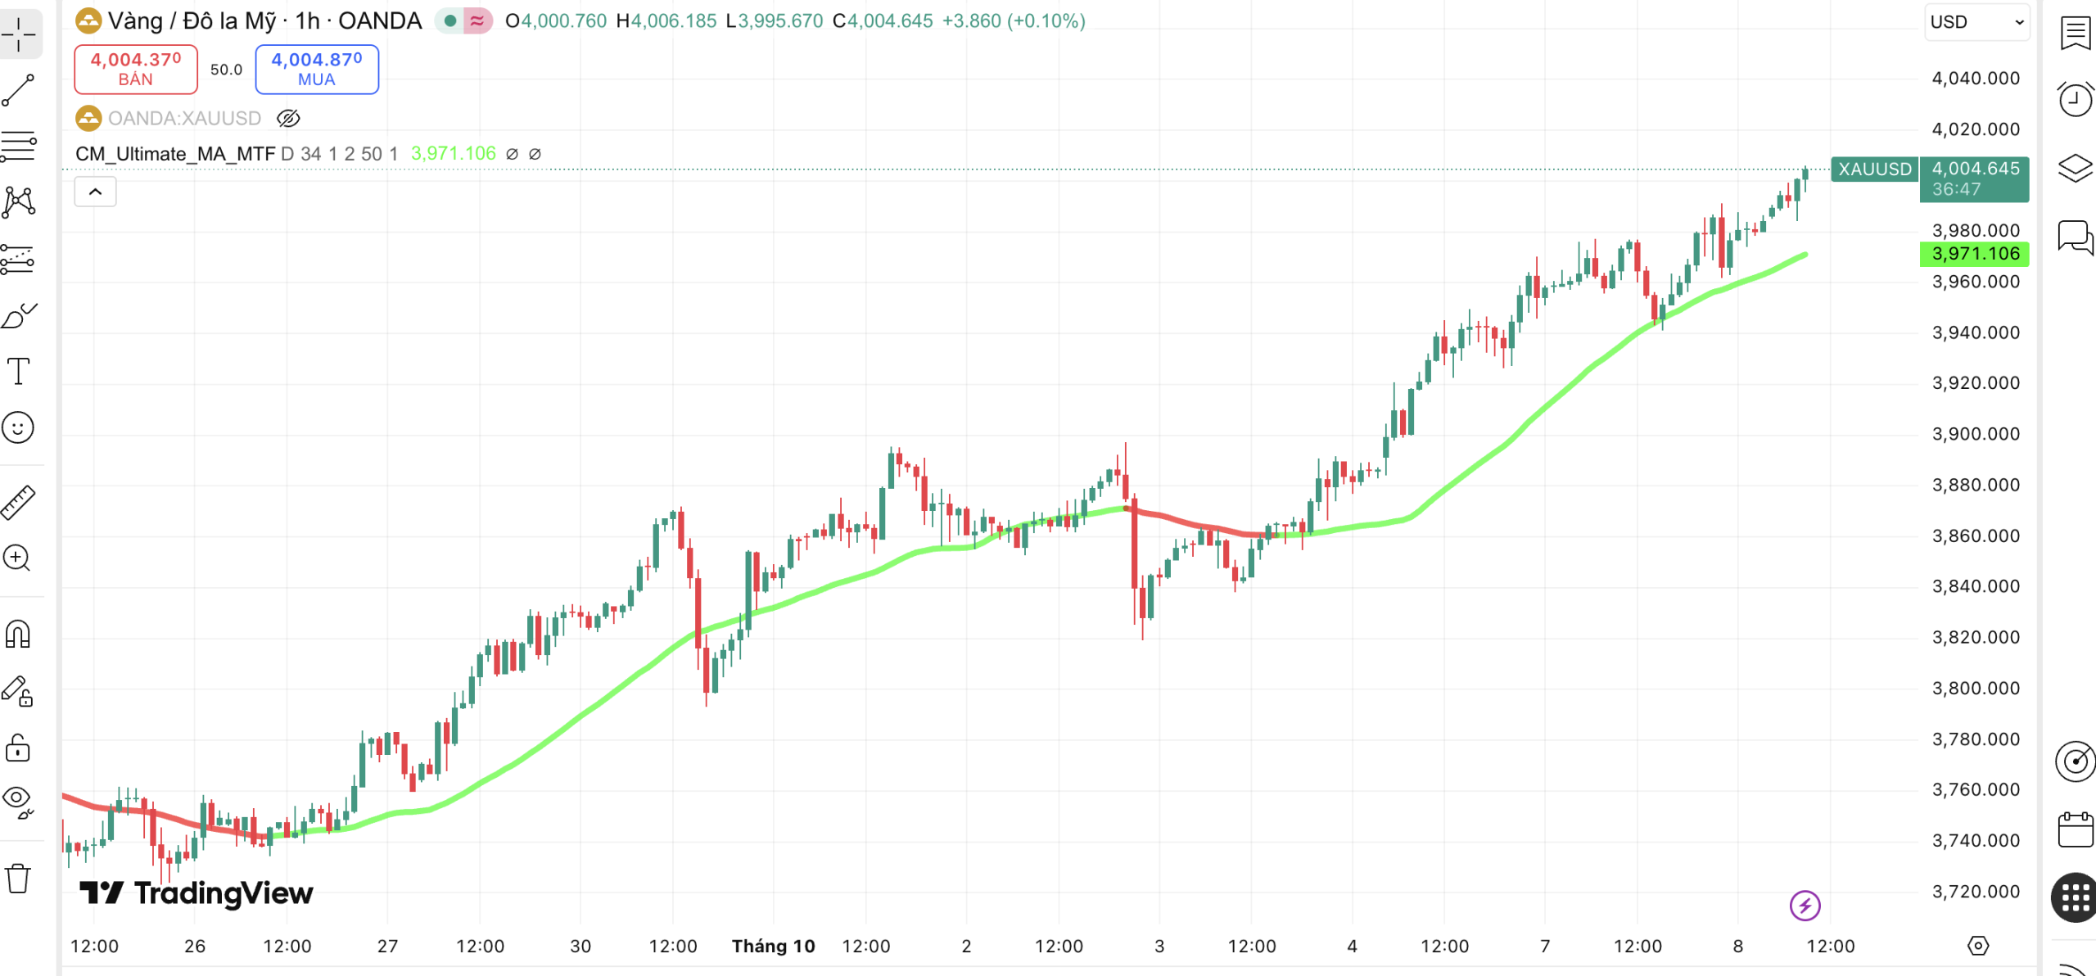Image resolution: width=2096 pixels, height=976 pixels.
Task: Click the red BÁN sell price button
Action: click(136, 70)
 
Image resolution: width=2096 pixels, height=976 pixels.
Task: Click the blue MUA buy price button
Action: click(317, 70)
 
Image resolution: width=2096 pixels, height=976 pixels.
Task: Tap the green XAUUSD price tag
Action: click(1874, 169)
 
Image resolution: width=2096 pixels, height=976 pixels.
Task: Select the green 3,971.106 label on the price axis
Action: click(1974, 254)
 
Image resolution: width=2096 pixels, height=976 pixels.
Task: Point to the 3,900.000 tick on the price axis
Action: click(1975, 434)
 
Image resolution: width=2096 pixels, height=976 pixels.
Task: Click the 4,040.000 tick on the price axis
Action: click(1975, 79)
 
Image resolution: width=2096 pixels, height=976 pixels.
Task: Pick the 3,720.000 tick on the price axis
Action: click(1975, 892)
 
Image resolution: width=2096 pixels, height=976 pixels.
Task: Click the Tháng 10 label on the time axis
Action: click(773, 947)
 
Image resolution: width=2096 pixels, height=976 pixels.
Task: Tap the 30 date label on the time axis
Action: click(580, 947)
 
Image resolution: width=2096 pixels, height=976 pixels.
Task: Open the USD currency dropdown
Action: click(1976, 22)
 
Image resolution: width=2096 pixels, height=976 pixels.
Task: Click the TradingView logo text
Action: click(196, 893)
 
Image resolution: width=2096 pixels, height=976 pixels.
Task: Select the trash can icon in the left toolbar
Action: click(18, 879)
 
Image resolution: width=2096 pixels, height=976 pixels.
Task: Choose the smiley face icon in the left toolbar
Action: click(18, 427)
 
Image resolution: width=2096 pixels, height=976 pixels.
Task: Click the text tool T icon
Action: click(18, 372)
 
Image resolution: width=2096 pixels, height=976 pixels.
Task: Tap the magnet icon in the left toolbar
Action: click(18, 635)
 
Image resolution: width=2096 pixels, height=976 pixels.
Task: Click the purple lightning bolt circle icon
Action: click(1805, 906)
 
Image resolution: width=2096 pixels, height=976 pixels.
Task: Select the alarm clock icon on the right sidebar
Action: click(2075, 100)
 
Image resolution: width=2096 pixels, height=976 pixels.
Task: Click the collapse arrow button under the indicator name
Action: click(95, 192)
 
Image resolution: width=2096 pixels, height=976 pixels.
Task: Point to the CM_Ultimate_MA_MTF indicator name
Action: click(175, 154)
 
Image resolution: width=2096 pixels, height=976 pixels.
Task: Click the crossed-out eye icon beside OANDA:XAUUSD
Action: click(288, 119)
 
